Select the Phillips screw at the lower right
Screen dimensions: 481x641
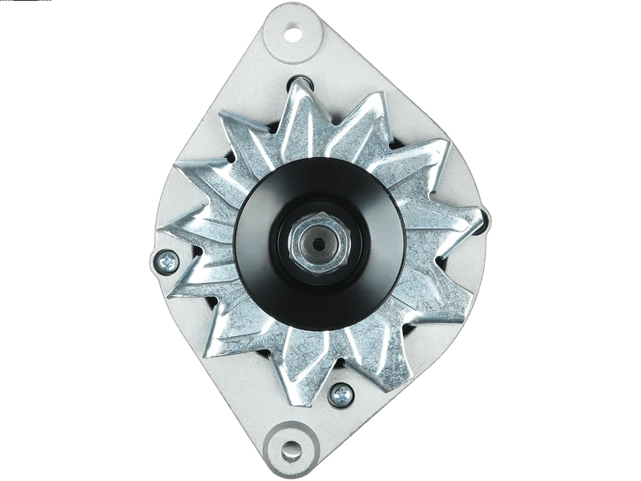click(340, 393)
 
